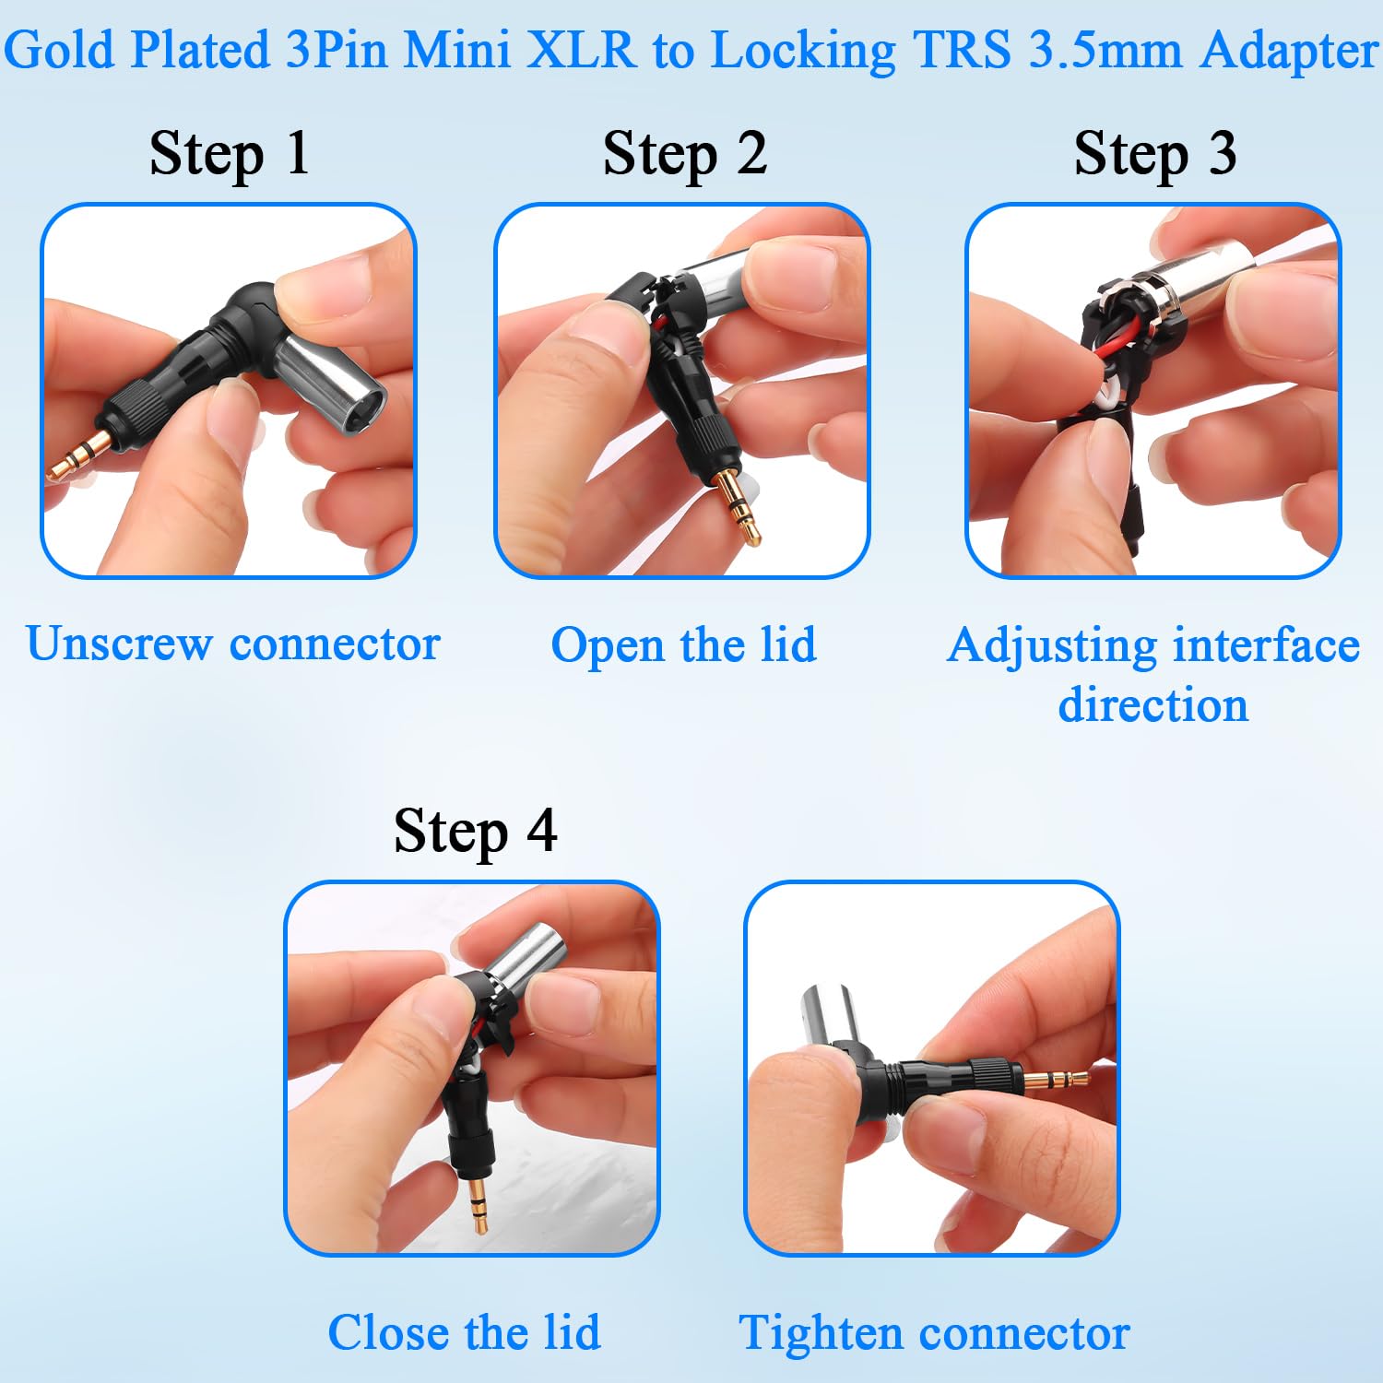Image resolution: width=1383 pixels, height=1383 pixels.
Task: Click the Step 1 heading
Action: pyautogui.click(x=229, y=154)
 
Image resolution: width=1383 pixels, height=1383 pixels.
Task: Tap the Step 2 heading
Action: pyautogui.click(x=685, y=154)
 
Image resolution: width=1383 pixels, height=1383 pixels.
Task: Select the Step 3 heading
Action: pyautogui.click(x=1155, y=154)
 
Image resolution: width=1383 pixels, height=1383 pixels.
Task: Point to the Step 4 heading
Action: pyautogui.click(x=476, y=832)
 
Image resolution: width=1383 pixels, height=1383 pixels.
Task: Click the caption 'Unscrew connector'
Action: pyautogui.click(x=233, y=644)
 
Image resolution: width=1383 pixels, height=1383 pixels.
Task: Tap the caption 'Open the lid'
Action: pyautogui.click(x=683, y=644)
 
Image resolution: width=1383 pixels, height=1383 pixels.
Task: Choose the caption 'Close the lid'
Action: pyautogui.click(x=465, y=1332)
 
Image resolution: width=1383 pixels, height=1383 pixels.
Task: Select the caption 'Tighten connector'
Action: pyautogui.click(x=934, y=1333)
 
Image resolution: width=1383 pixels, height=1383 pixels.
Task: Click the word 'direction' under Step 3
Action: pyautogui.click(x=1153, y=704)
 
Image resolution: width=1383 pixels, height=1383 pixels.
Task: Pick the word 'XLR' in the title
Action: pyautogui.click(x=581, y=50)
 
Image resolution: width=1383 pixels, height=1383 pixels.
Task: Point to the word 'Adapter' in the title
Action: pyautogui.click(x=1289, y=52)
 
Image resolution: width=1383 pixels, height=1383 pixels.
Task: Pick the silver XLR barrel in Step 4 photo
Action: pyautogui.click(x=520, y=959)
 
